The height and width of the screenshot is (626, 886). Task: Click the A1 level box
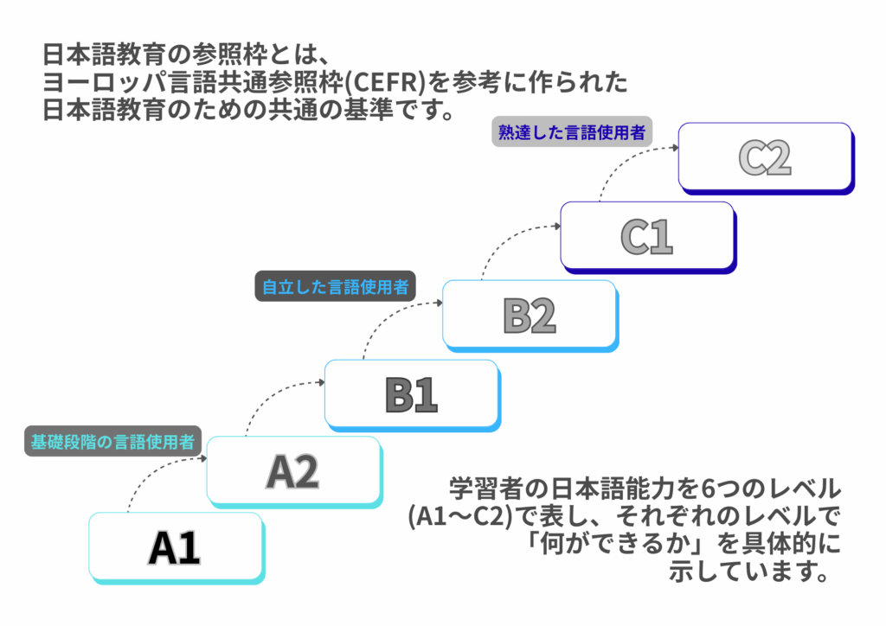tap(175, 546)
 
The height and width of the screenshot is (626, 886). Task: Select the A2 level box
tap(292, 470)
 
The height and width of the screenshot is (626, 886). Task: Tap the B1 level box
tap(411, 394)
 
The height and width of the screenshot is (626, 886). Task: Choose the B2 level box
tap(529, 315)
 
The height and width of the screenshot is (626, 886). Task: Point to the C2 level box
tap(765, 156)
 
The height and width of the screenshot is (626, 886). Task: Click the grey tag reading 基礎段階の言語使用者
tap(112, 441)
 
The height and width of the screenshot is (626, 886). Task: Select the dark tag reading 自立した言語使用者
tap(335, 287)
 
